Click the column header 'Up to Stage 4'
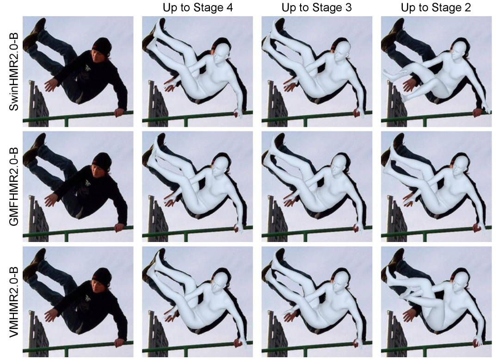tap(197, 8)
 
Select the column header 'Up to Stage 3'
tap(317, 8)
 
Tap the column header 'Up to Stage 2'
tap(436, 8)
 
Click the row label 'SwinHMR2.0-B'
tap(13, 72)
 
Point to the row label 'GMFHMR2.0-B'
tap(13, 186)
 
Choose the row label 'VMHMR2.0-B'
tap(13, 302)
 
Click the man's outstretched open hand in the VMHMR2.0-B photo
tap(50, 315)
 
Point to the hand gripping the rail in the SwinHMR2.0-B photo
tap(119, 112)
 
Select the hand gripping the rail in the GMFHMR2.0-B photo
tap(119, 227)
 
